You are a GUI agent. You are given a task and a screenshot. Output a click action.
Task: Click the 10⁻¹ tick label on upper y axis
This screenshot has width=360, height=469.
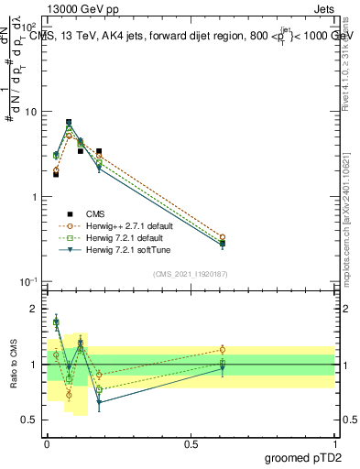point(29,282)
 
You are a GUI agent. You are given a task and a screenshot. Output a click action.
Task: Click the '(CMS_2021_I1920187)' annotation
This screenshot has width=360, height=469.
point(190,274)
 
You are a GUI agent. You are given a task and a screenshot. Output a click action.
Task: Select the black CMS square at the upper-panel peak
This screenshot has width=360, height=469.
point(69,122)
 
